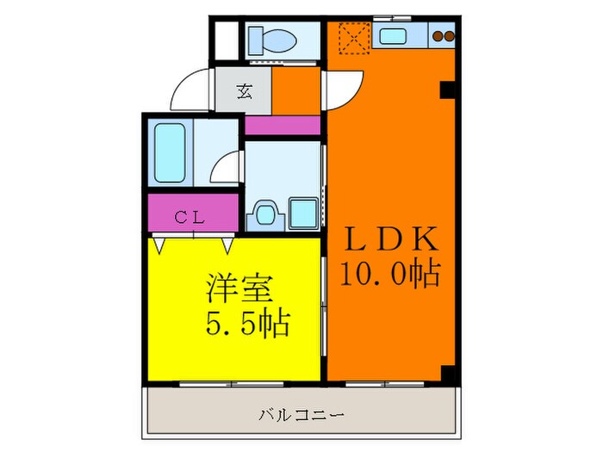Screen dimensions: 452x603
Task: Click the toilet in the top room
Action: pyautogui.click(x=270, y=40)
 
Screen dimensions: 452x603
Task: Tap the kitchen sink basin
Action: pyautogui.click(x=395, y=36)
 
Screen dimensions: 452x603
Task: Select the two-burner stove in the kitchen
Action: pyautogui.click(x=443, y=36)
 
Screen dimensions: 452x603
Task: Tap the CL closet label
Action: pyautogui.click(x=190, y=217)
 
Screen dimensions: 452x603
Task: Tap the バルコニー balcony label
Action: pyautogui.click(x=301, y=415)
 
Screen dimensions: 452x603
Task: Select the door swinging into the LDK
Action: pyautogui.click(x=342, y=89)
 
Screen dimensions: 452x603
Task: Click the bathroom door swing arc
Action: pyautogui.click(x=227, y=166)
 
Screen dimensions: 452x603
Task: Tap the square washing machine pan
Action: pyautogui.click(x=302, y=212)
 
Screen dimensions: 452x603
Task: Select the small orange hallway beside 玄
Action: pyautogui.click(x=296, y=90)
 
